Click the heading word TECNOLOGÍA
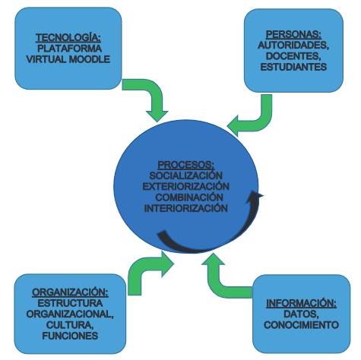point(68,38)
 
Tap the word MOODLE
point(90,59)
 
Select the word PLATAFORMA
point(69,49)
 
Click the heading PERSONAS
point(293,34)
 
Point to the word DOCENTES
point(293,56)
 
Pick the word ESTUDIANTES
point(293,67)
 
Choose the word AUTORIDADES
point(293,46)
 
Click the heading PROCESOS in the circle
point(186,165)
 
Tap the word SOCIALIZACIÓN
point(185,175)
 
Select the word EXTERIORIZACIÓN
point(185,186)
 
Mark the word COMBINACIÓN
point(189,197)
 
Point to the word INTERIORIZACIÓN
point(185,208)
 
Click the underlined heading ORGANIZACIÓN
point(70,292)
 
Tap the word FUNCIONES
point(70,336)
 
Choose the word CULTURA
point(70,325)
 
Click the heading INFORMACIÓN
point(301,303)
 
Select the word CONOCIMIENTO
point(301,325)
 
